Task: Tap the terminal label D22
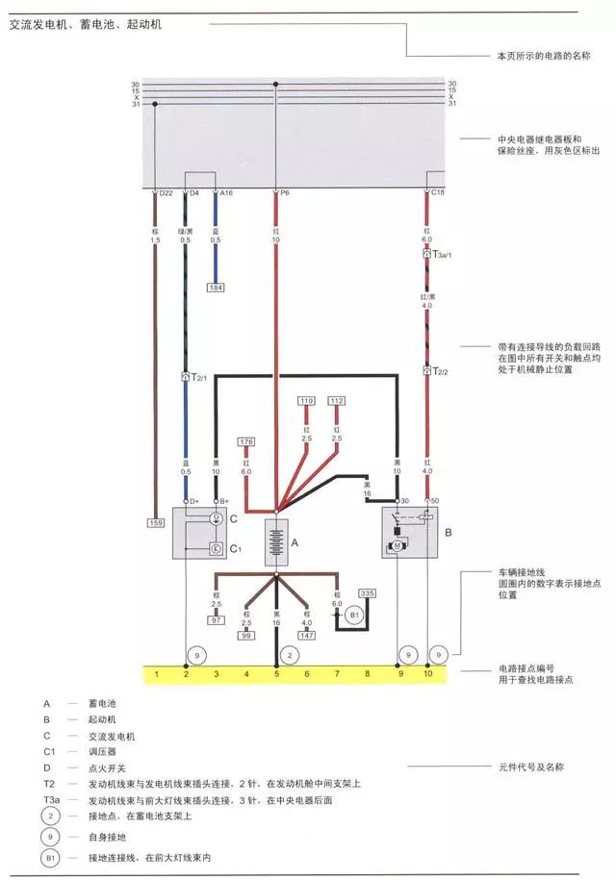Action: pos(166,193)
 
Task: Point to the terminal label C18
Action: pos(437,193)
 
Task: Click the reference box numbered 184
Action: pos(217,287)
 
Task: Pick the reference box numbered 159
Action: pos(155,522)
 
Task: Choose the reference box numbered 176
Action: pos(245,441)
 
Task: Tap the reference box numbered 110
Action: pos(306,399)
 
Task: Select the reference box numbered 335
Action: pos(367,593)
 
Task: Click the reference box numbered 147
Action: pos(307,637)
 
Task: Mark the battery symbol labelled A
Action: pos(277,543)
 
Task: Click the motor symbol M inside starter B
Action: pos(396,545)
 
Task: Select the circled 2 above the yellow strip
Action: pos(285,655)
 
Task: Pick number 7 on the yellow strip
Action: pos(337,675)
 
